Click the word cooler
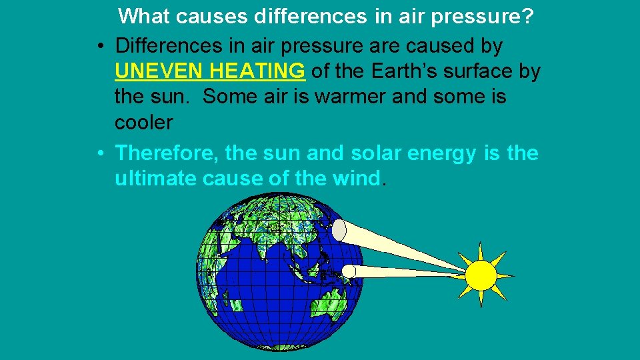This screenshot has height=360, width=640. tap(143, 122)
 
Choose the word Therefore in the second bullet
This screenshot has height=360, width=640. tap(167, 153)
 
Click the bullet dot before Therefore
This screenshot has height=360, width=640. tap(99, 154)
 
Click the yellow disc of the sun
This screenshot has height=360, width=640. tap(481, 275)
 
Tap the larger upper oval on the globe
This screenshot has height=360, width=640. tap(339, 230)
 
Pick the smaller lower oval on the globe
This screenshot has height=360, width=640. tap(349, 270)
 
